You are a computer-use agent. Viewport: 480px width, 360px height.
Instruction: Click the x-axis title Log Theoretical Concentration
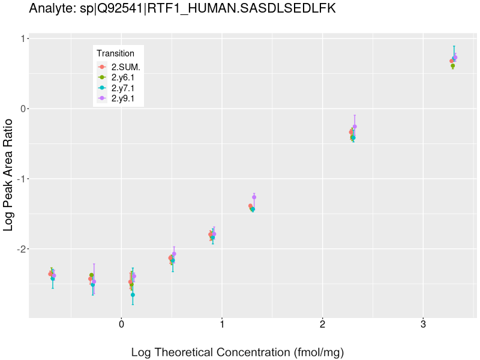click(x=238, y=352)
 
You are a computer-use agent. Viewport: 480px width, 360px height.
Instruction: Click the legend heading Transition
click(x=115, y=53)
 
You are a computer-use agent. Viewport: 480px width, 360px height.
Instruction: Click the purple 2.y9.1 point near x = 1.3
click(x=254, y=197)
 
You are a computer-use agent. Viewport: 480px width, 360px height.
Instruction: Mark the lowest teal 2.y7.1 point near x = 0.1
click(x=133, y=295)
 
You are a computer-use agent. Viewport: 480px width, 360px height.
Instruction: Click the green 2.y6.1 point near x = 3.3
click(x=452, y=66)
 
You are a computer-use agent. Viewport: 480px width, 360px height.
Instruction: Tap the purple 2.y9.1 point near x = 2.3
click(x=355, y=127)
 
